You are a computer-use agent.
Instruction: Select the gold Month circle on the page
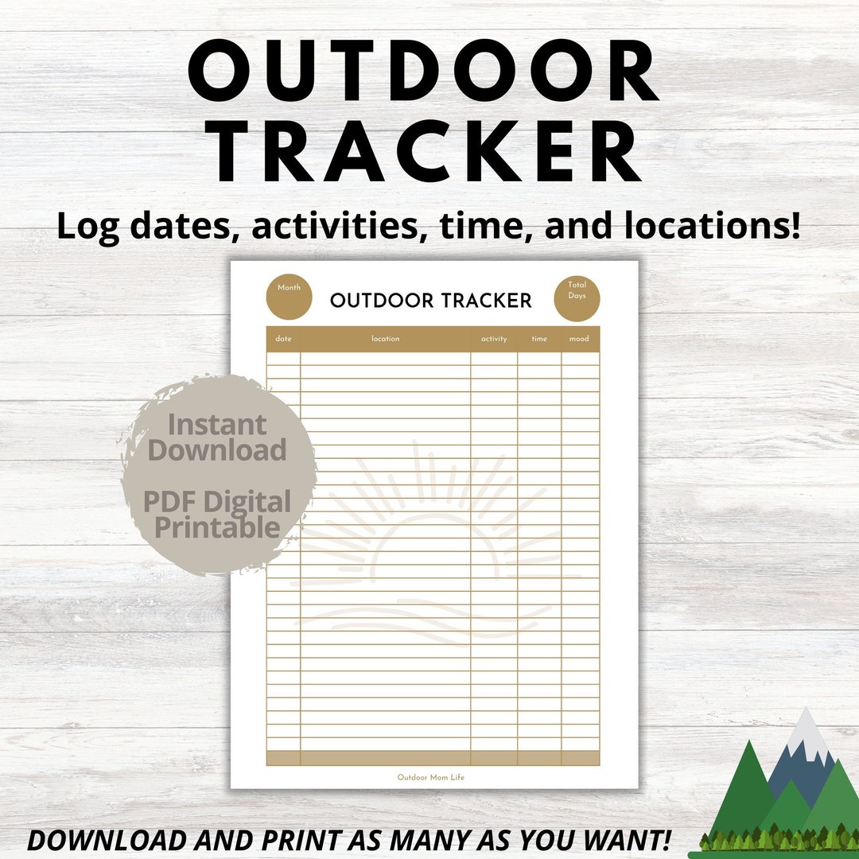tap(289, 298)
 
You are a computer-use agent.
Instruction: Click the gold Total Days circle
tap(577, 298)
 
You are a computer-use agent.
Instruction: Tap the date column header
tap(283, 339)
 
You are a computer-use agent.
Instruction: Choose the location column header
tap(385, 339)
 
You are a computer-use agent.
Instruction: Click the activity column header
tap(494, 339)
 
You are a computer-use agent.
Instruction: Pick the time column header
tap(539, 339)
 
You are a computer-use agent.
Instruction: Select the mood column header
tap(579, 339)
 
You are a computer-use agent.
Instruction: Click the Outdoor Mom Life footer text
tap(431, 777)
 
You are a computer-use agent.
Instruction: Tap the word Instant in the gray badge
tap(216, 425)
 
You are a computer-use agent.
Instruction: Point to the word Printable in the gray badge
tap(217, 527)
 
